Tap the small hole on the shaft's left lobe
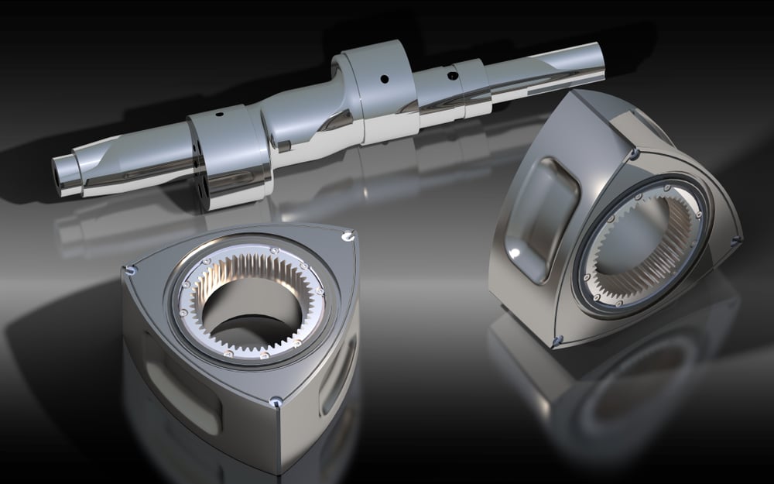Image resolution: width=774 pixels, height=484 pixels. [x=219, y=114]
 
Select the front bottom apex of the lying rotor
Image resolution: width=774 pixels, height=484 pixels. [x=276, y=401]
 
